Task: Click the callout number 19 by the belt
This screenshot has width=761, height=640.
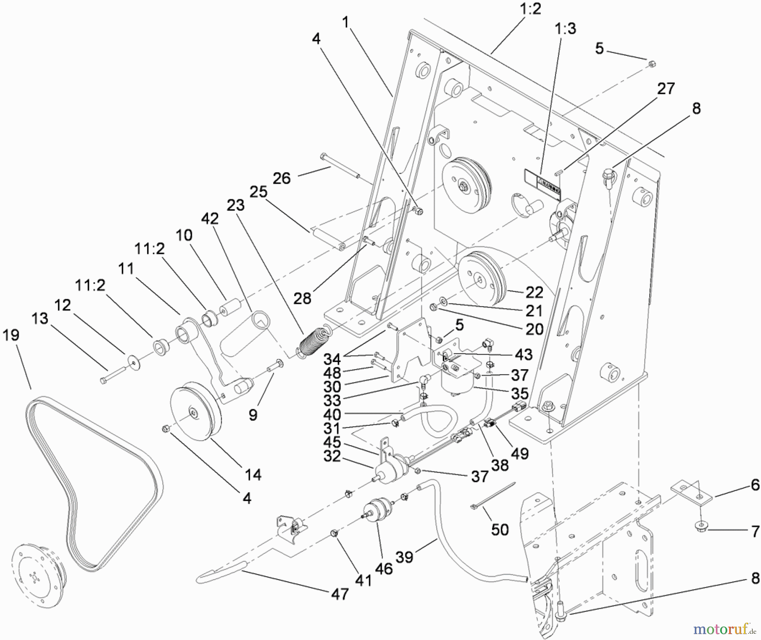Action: (x=11, y=335)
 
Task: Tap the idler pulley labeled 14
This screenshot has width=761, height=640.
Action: (x=195, y=412)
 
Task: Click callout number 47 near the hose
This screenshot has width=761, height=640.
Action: (x=340, y=594)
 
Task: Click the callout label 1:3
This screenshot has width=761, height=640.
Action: (x=566, y=29)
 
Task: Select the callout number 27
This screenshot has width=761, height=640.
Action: (x=666, y=89)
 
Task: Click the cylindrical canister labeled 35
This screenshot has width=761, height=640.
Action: (x=457, y=380)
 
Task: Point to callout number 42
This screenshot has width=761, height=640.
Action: (x=210, y=218)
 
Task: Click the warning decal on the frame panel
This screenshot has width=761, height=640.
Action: (x=543, y=184)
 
